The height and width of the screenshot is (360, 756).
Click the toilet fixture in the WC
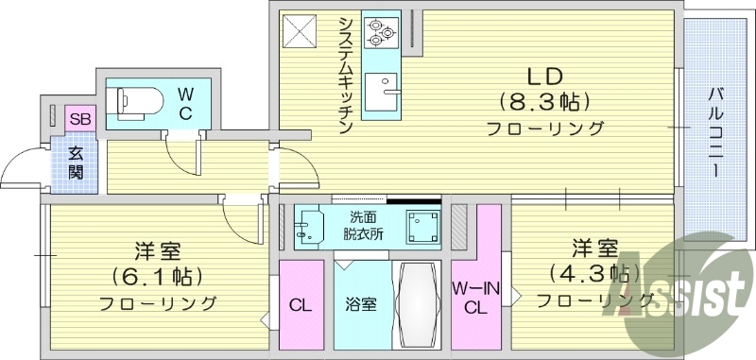coord(131,100)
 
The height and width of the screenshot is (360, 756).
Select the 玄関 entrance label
coord(76,163)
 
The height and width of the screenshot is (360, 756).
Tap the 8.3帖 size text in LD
coord(545,101)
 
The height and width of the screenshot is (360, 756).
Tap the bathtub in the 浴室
coord(418,304)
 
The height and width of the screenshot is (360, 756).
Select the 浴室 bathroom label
coord(362,305)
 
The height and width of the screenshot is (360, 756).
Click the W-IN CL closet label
coord(475,296)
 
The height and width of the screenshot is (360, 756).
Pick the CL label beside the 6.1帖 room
coord(301,304)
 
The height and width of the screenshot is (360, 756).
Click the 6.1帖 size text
coord(157,278)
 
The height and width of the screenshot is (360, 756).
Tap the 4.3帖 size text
coord(593,274)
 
